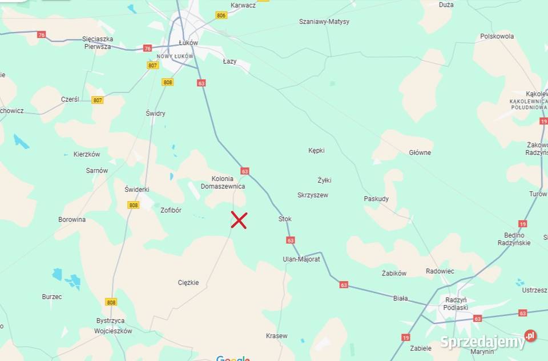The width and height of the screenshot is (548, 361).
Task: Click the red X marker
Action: pos(239,220)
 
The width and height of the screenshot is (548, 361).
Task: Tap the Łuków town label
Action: pos(188,43)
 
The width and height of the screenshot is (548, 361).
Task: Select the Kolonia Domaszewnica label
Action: pos(223,182)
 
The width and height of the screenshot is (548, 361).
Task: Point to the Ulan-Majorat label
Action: pos(301,259)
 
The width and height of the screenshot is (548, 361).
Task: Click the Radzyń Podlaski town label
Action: pos(456,303)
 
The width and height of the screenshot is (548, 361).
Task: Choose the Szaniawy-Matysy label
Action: pos(324,22)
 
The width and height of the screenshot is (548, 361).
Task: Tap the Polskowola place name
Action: pos(497,36)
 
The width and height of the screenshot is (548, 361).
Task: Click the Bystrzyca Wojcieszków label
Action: pos(113,326)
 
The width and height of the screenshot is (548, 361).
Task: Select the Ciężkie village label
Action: pos(188,282)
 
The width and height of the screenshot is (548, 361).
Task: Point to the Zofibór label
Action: pos(171,210)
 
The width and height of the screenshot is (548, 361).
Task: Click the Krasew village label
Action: pos(277,336)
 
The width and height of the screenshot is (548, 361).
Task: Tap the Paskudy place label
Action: pos(376,199)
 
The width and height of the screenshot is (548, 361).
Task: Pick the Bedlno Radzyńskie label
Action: pos(517,239)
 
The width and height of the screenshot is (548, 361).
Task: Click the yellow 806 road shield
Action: pos(221,15)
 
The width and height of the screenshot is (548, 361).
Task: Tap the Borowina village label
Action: pos(72,219)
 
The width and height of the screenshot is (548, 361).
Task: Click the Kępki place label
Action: pos(316,151)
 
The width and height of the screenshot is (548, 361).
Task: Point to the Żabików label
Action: pos(394,274)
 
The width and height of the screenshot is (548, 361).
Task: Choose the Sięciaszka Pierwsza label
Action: pos(98,43)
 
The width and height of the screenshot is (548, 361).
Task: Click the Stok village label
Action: pos(285,219)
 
